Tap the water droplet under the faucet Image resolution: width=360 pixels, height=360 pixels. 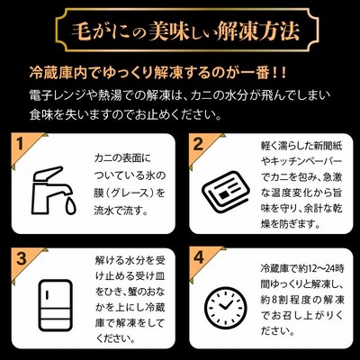coord(71,206)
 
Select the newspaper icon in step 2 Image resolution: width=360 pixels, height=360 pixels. coord(226,191)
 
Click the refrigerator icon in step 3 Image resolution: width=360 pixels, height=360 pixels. coord(56,305)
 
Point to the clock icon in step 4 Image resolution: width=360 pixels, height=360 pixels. coord(226,309)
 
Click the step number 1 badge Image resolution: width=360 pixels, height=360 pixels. coord(20,144)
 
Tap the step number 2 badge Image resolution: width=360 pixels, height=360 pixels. coord(198,144)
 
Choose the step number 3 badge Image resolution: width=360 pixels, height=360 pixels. coord(21,258)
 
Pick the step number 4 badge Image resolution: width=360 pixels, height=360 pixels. coord(199,257)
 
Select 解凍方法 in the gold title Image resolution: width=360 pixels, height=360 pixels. coord(257,31)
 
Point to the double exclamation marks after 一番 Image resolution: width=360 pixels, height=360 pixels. coord(280,74)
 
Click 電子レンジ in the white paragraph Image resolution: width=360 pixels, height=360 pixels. coord(58,96)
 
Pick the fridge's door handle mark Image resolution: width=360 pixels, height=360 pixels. coord(48,294)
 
